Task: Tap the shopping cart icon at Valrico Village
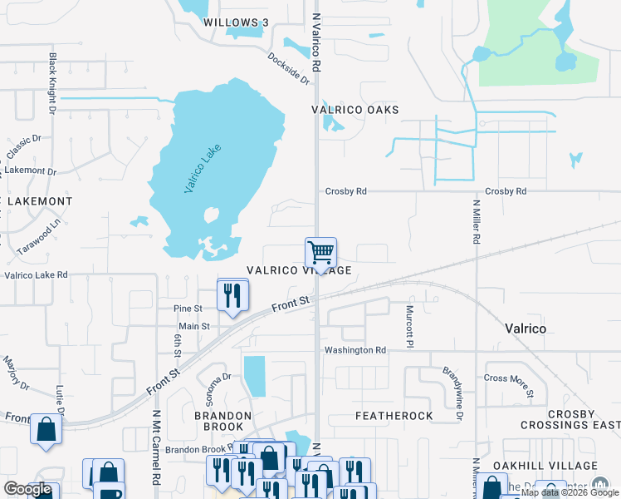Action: [320, 251]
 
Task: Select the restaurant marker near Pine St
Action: [231, 295]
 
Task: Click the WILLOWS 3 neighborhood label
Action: [237, 22]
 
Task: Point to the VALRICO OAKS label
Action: [355, 110]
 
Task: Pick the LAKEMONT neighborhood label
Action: [40, 201]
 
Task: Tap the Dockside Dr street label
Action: [288, 69]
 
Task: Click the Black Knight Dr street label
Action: [51, 83]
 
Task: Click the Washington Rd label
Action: [355, 350]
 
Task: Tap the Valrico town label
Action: [526, 329]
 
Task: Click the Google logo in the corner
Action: [27, 489]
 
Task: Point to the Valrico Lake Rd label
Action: [36, 274]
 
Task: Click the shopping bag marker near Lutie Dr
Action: [46, 429]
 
